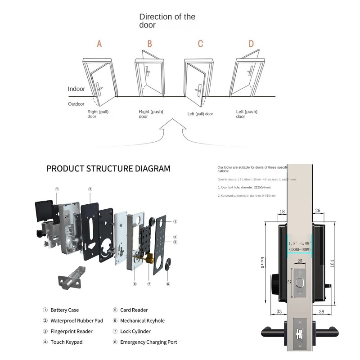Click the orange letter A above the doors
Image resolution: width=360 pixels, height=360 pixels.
click(99, 44)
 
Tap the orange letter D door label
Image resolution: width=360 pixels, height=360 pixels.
click(251, 44)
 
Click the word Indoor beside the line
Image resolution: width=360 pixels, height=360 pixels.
click(76, 89)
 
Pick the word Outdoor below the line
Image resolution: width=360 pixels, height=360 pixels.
click(76, 104)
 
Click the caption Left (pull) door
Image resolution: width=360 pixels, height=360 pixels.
click(200, 114)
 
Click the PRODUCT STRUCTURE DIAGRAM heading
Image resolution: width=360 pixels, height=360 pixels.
click(108, 169)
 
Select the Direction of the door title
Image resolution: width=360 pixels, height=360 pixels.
click(167, 21)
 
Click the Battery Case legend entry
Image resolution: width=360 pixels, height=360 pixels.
click(64, 310)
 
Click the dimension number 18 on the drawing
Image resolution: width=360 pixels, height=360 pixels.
click(282, 211)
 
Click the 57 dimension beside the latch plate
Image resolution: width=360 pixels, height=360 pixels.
click(290, 282)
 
